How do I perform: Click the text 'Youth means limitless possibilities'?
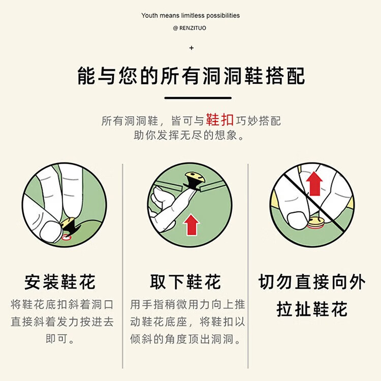(x=190, y=16)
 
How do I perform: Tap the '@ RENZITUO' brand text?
(x=190, y=28)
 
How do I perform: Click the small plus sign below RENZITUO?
(x=191, y=48)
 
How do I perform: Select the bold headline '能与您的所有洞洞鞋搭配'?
(x=191, y=76)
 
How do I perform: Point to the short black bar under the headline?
(x=198, y=98)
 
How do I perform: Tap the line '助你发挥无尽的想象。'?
(x=190, y=136)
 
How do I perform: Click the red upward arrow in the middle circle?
(x=192, y=224)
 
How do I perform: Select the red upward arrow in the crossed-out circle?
(x=315, y=183)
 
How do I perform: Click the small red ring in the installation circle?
(x=66, y=236)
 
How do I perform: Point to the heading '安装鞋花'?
(x=60, y=282)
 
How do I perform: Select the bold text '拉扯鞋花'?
(x=311, y=309)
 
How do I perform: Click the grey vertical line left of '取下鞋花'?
(x=122, y=264)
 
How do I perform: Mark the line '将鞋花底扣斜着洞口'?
(x=62, y=305)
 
